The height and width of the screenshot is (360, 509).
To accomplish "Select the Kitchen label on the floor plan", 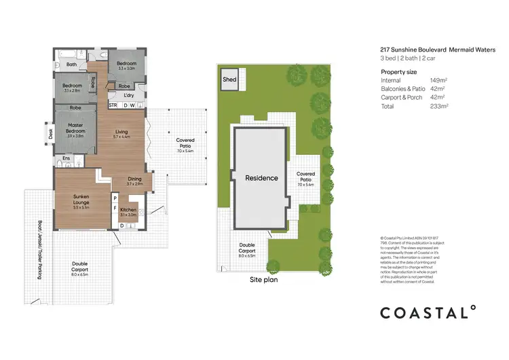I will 128,211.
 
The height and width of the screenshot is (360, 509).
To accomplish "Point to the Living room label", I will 121,132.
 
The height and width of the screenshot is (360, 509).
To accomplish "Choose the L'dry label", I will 129,96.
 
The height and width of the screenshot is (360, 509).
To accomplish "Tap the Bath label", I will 71,65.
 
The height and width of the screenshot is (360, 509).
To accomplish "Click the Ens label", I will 67,158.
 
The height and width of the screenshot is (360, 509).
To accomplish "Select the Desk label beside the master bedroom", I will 49,133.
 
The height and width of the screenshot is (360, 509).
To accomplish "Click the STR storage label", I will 113,105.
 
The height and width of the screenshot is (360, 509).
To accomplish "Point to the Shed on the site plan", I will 230,80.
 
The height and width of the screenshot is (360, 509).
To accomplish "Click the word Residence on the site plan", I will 261,178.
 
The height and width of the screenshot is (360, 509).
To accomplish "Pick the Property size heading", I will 399,71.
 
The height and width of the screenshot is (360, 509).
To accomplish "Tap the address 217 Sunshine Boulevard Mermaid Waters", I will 438,49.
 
